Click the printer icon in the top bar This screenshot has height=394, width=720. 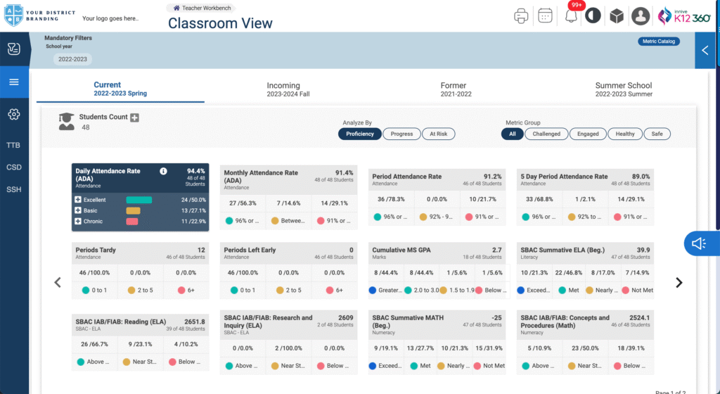tap(521, 15)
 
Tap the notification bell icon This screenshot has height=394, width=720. tap(571, 16)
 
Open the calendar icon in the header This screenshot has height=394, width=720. tap(545, 15)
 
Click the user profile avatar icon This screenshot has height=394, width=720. tap(640, 15)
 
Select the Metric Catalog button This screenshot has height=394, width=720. tap(658, 42)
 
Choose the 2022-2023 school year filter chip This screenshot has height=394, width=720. tap(72, 59)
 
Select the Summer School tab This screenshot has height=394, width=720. tap(624, 89)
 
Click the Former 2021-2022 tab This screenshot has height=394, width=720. tap(453, 89)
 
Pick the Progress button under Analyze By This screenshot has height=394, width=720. tap(401, 134)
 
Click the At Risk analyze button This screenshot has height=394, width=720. tap(438, 134)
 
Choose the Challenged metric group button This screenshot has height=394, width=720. tap(546, 134)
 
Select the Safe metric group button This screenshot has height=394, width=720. tap(657, 134)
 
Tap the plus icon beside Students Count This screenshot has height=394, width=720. tap(134, 117)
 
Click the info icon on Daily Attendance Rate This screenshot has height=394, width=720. tap(163, 171)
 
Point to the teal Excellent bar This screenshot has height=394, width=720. tap(139, 201)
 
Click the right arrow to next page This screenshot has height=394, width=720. tap(679, 283)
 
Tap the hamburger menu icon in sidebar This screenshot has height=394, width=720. tap(13, 82)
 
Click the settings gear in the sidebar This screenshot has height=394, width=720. tap(13, 114)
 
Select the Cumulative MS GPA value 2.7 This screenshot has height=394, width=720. tap(496, 250)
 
